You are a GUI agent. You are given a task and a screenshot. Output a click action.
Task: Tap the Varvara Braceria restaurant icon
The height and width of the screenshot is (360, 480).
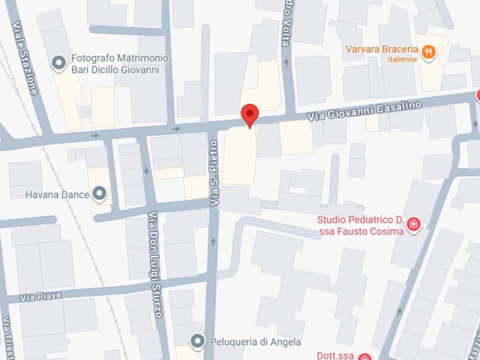(x=427, y=52)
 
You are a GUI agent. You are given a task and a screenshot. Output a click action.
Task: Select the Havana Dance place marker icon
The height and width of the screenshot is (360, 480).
(x=99, y=193)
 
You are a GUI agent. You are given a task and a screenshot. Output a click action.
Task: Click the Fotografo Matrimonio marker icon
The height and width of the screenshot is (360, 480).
(x=59, y=63)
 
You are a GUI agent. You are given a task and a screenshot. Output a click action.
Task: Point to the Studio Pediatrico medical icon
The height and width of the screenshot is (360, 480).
(x=413, y=224)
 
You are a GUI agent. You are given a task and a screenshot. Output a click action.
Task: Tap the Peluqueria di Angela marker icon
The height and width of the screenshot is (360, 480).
(x=198, y=341)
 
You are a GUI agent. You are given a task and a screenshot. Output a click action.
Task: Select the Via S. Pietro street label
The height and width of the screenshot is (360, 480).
(x=214, y=173)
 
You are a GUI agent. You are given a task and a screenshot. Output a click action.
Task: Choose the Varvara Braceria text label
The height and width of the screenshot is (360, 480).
(x=382, y=49)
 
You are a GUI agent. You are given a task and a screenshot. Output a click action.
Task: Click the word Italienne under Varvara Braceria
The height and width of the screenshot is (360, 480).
(x=402, y=60)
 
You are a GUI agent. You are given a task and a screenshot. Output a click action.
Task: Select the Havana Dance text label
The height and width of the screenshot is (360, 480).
(x=57, y=194)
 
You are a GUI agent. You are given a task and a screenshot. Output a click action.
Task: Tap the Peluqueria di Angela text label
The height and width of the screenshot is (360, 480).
(x=255, y=342)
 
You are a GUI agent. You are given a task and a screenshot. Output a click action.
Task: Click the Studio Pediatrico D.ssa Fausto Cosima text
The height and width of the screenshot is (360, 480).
(x=360, y=225)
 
